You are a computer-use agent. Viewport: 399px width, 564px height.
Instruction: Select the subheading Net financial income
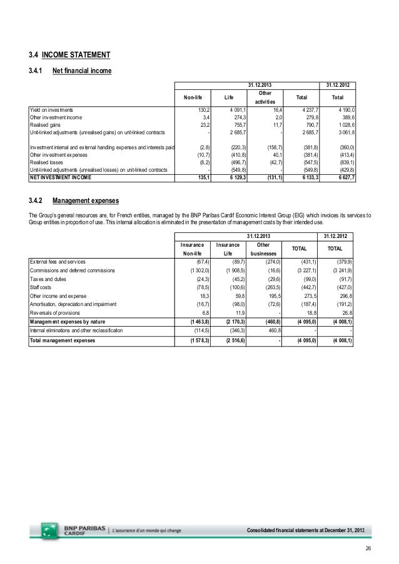click(x=83, y=71)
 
